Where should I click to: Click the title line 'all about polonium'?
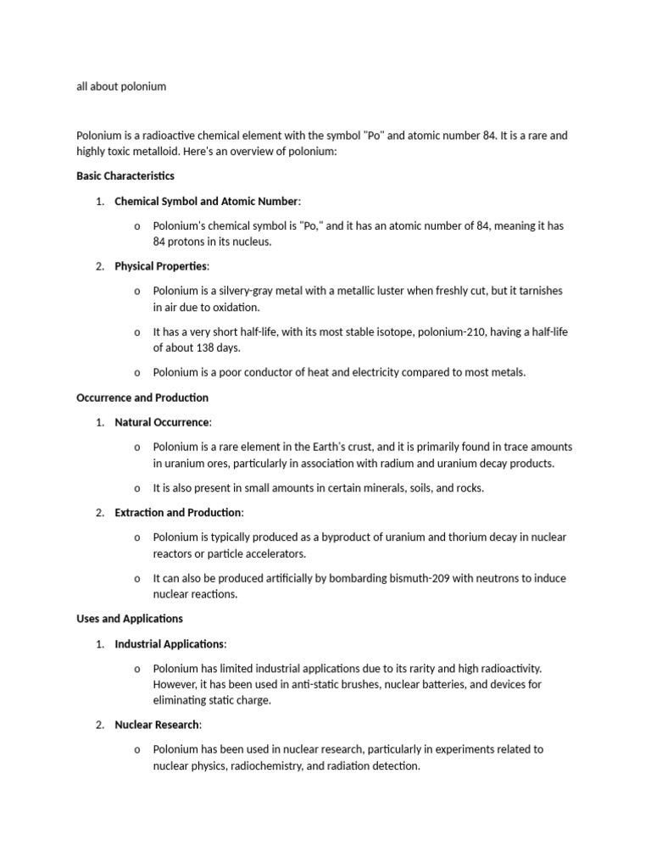120,86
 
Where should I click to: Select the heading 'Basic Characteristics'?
125,176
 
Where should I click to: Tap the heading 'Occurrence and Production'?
142,398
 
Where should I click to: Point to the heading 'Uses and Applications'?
130,619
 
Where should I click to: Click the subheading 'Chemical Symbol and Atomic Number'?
207,202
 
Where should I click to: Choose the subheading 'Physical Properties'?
161,266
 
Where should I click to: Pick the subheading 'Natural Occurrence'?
162,422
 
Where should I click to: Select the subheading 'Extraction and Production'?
178,513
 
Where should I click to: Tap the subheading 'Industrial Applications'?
170,644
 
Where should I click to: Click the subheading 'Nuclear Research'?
157,725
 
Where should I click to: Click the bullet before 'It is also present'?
136,488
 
